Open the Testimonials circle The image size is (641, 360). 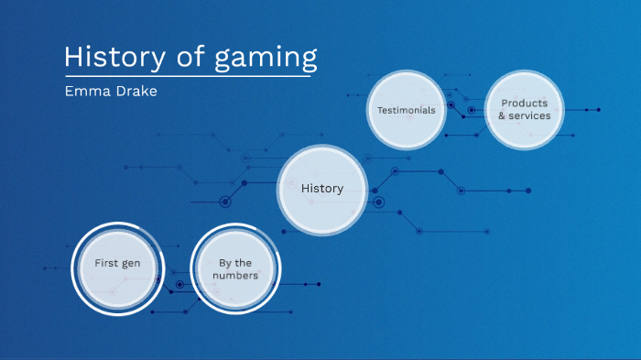point(407,110)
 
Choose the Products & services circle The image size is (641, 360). point(525,110)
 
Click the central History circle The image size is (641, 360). point(322,190)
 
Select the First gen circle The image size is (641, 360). point(117,264)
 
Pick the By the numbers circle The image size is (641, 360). point(235,268)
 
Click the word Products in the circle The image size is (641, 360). point(525,104)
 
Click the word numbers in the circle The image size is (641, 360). point(235,275)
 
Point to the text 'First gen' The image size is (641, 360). point(117,264)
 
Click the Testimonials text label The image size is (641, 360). point(407,110)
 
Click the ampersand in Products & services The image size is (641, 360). point(503,116)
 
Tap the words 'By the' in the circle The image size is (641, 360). point(235,263)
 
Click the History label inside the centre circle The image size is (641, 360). point(322,190)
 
